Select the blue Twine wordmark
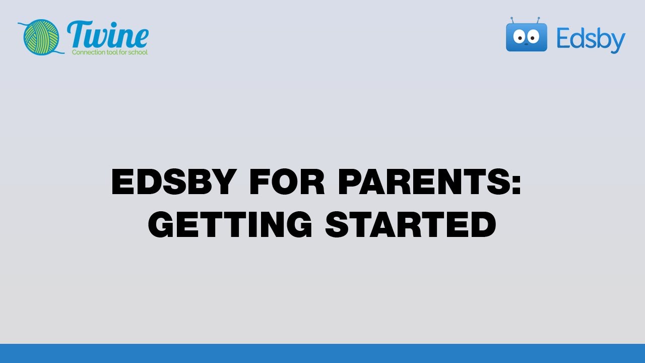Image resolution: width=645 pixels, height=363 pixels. [108, 35]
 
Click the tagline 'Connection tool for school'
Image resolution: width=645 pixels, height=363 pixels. [110, 52]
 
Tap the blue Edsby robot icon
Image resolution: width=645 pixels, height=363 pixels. [526, 36]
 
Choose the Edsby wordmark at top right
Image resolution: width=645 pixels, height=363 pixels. [591, 39]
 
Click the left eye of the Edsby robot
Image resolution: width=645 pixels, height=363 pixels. [520, 37]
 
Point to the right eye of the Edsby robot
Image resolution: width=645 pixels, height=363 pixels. [533, 37]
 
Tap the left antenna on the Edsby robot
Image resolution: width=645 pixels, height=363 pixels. [512, 20]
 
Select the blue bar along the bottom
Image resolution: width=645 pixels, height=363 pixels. [322, 353]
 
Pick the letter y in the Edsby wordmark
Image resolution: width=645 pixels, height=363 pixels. [618, 42]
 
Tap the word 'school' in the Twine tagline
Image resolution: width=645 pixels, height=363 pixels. [139, 52]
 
